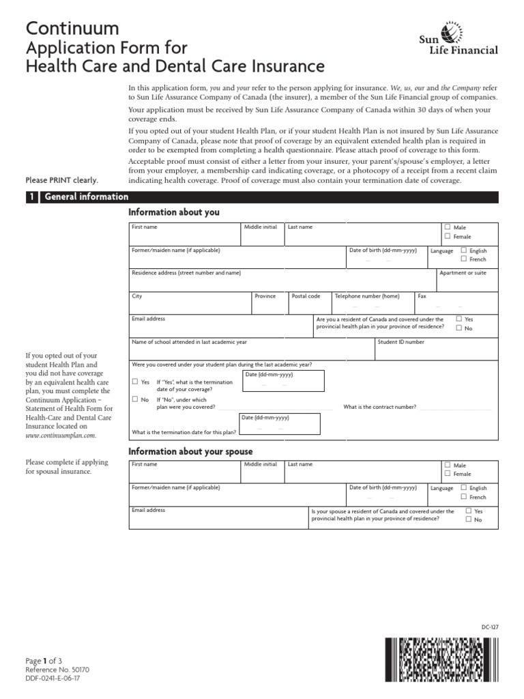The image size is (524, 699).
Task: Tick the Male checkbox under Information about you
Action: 447,227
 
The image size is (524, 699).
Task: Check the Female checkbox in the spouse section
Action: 447,473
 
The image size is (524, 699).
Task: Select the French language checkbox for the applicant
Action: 464,259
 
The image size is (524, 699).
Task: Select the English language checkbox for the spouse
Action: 464,487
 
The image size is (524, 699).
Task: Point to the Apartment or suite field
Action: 467,279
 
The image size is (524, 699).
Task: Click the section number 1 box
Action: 31,197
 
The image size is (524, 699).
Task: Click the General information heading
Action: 87,197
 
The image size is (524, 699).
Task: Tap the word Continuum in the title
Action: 72,28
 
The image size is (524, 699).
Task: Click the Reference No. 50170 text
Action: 57,670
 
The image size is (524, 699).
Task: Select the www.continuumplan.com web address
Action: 61,435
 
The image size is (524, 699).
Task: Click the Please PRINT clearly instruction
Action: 62,180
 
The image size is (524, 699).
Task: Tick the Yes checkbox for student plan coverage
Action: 135,382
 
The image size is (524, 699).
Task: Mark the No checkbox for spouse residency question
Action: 468,519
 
